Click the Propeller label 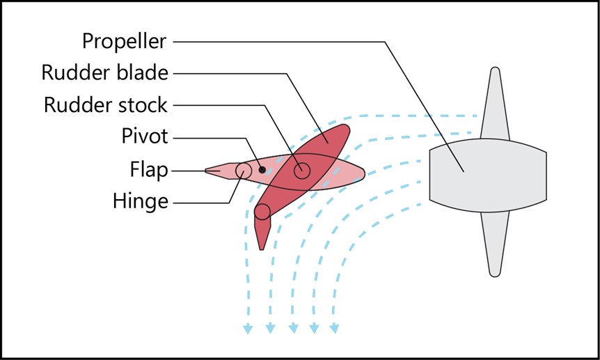pyautogui.click(x=125, y=41)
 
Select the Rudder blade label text pyautogui.click(x=105, y=73)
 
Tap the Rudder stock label pyautogui.click(x=106, y=105)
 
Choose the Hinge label pyautogui.click(x=141, y=201)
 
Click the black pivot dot pyautogui.click(x=262, y=169)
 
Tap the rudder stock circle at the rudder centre pyautogui.click(x=301, y=170)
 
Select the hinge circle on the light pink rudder pyautogui.click(x=244, y=171)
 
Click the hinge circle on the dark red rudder pyautogui.click(x=262, y=212)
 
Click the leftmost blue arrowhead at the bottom pyautogui.click(x=246, y=329)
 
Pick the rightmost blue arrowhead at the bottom pyautogui.click(x=335, y=329)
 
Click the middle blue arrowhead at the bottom pyautogui.click(x=292, y=329)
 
